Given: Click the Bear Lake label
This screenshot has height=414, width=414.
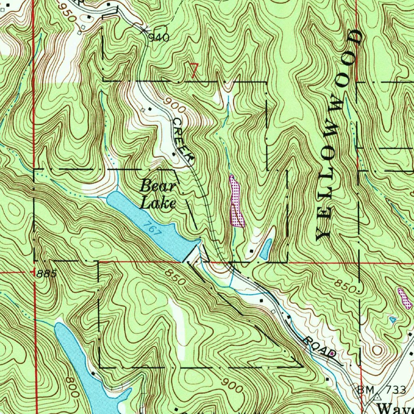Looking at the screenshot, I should [x=158, y=195].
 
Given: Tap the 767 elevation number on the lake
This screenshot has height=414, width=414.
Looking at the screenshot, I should [x=152, y=228].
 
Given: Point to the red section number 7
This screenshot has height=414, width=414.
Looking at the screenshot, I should [x=194, y=71].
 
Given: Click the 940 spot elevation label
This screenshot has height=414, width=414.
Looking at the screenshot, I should [x=158, y=38].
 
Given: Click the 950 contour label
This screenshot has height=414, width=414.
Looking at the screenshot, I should [x=67, y=13].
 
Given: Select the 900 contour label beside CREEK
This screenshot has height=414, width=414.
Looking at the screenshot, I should [x=175, y=107].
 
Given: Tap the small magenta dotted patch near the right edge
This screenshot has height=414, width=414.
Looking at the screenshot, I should [x=404, y=298].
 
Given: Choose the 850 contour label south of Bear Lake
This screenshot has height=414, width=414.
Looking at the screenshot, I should [x=175, y=277].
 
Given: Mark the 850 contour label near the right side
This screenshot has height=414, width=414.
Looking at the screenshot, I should [x=346, y=286].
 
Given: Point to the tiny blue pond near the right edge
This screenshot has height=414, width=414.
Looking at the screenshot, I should [x=392, y=320].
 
